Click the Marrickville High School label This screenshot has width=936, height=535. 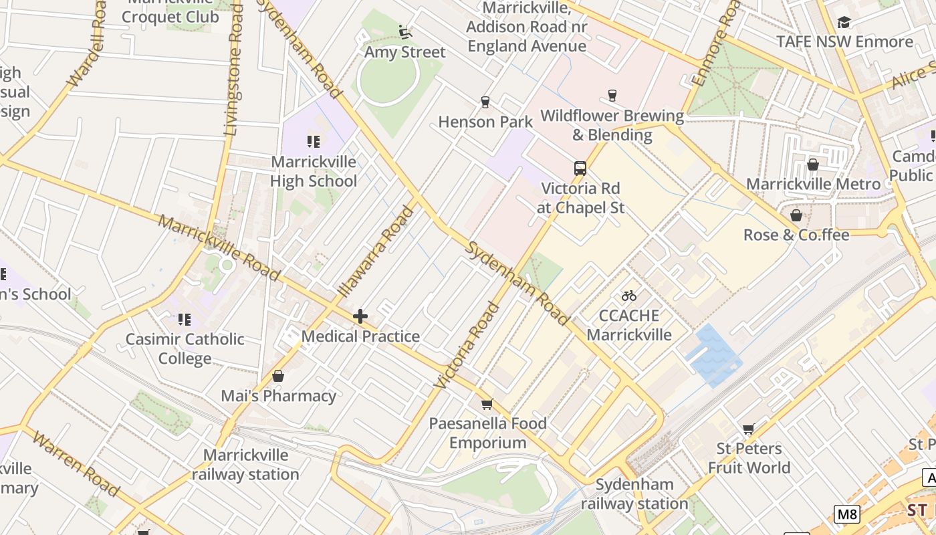pyautogui.click(x=314, y=172)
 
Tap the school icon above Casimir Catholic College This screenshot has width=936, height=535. pyautogui.click(x=184, y=319)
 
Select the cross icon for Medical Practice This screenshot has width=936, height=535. pyautogui.click(x=360, y=316)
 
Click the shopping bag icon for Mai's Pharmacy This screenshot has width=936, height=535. pyautogui.click(x=278, y=376)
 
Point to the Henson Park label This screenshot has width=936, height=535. pyautogui.click(x=485, y=122)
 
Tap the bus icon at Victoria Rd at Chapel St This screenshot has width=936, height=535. pyautogui.click(x=580, y=169)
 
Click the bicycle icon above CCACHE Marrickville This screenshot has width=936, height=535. pyautogui.click(x=628, y=296)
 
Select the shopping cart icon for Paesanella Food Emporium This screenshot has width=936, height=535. pyautogui.click(x=487, y=404)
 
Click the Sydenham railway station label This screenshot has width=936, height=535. pyautogui.click(x=634, y=494)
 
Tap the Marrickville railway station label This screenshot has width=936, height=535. pyautogui.click(x=245, y=465)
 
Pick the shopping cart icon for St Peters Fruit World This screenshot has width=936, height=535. pyautogui.click(x=748, y=429)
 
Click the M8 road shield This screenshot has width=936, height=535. pyautogui.click(x=846, y=514)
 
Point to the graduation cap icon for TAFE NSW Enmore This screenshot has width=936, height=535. pyautogui.click(x=844, y=22)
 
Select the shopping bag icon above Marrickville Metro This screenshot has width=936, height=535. pyautogui.click(x=813, y=165)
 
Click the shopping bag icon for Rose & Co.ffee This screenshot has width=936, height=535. pyautogui.click(x=796, y=215)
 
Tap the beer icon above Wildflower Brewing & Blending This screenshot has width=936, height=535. pyautogui.click(x=611, y=96)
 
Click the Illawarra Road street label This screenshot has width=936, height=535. pyautogui.click(x=376, y=253)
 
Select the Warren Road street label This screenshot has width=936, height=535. pyautogui.click(x=75, y=465)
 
